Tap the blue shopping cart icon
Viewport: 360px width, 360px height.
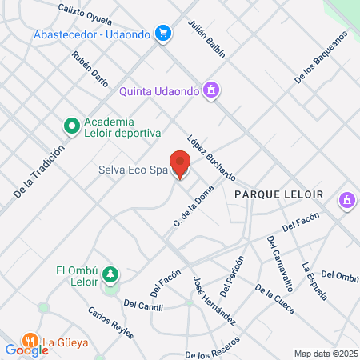163,33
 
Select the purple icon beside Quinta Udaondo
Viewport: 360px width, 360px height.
210,90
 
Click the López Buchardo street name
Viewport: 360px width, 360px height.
211,157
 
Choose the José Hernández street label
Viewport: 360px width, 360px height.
214,300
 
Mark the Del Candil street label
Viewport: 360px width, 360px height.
144,303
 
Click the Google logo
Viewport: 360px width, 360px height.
26,350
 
